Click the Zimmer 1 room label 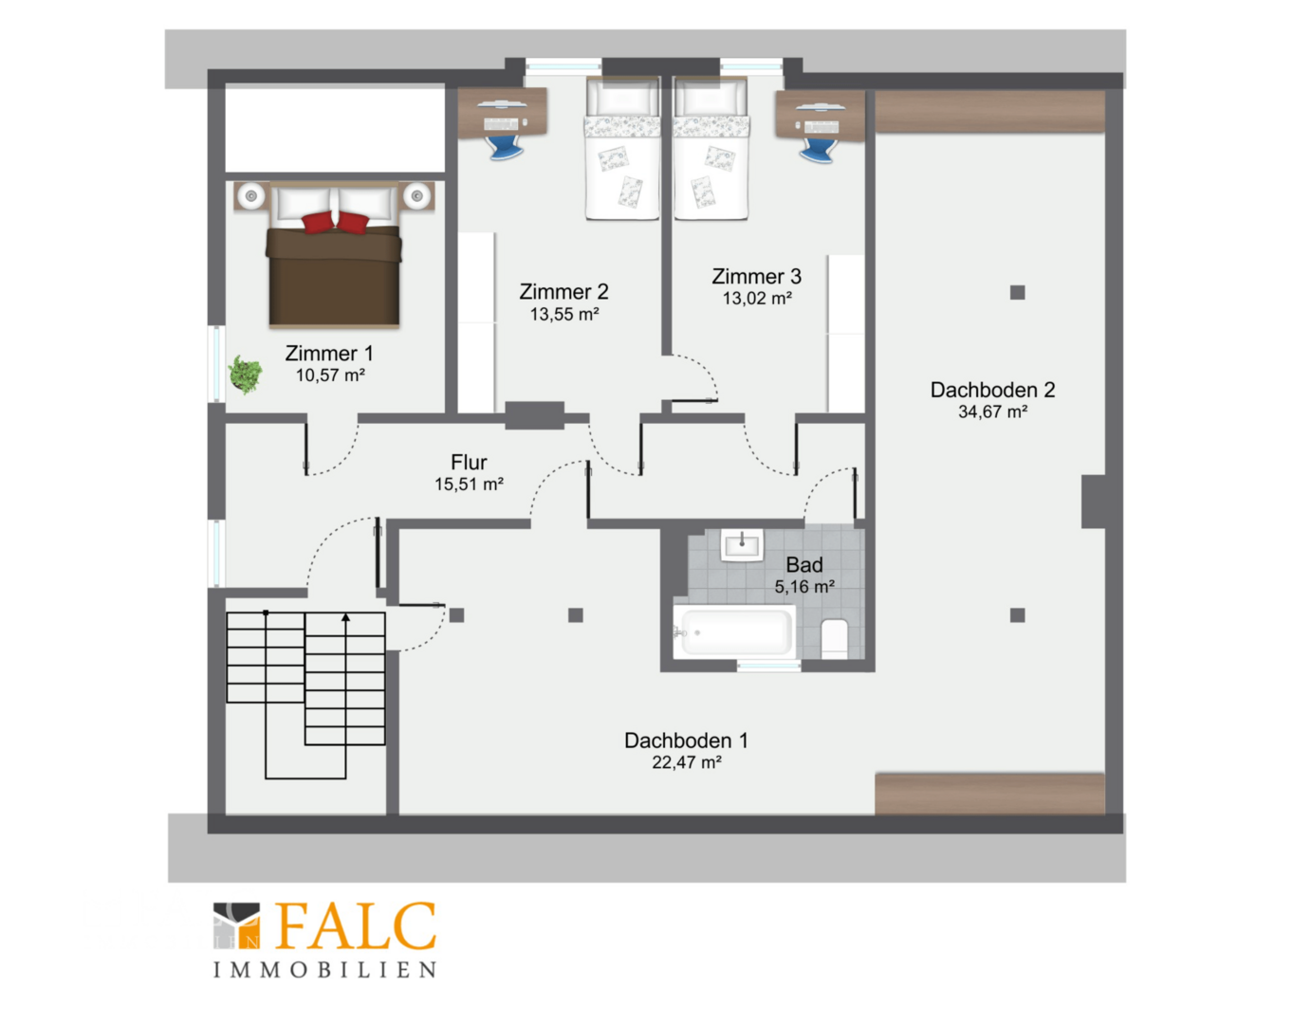click(x=329, y=354)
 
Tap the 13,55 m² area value click(x=564, y=314)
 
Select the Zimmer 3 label click(x=757, y=276)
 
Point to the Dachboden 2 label click(x=992, y=390)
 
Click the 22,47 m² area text click(x=687, y=762)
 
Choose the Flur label click(x=469, y=463)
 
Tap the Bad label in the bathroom click(x=804, y=565)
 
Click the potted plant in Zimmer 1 click(x=245, y=375)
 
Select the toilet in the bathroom click(x=835, y=638)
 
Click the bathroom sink click(x=742, y=545)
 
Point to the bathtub click(x=734, y=631)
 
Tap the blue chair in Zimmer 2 click(x=505, y=148)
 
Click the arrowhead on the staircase click(x=345, y=617)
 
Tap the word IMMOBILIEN click(x=324, y=970)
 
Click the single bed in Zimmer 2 click(x=622, y=148)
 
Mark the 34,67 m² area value click(x=992, y=411)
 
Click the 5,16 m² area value click(x=804, y=587)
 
